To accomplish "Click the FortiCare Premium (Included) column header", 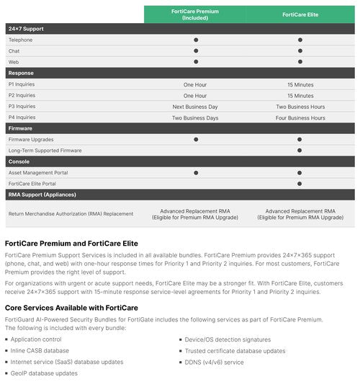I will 195,14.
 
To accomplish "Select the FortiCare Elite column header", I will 300,14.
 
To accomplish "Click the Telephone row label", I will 20,40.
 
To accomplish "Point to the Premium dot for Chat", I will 195,51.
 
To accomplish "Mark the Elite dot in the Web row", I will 300,62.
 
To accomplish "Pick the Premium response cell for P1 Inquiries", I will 195,84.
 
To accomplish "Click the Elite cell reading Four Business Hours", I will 300,117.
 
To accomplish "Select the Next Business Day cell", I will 195,106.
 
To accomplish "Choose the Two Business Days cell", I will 195,117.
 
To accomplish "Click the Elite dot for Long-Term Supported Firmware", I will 300,151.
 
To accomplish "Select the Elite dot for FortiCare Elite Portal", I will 300,184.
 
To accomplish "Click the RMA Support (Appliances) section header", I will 42,195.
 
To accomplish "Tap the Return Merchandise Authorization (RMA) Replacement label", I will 71,214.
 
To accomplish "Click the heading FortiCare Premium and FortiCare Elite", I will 71,244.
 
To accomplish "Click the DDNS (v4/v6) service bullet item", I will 214,362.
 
